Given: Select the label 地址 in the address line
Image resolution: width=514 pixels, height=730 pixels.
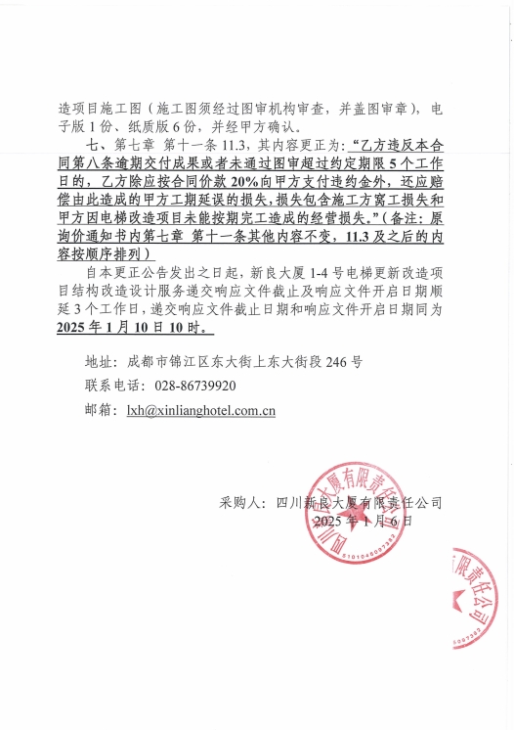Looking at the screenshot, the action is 99,361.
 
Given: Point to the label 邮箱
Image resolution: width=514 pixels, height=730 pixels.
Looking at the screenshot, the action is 99,411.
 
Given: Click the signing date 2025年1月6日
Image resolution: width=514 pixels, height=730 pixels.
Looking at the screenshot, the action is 363,522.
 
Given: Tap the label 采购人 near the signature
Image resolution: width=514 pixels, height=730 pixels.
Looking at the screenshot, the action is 238,502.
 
